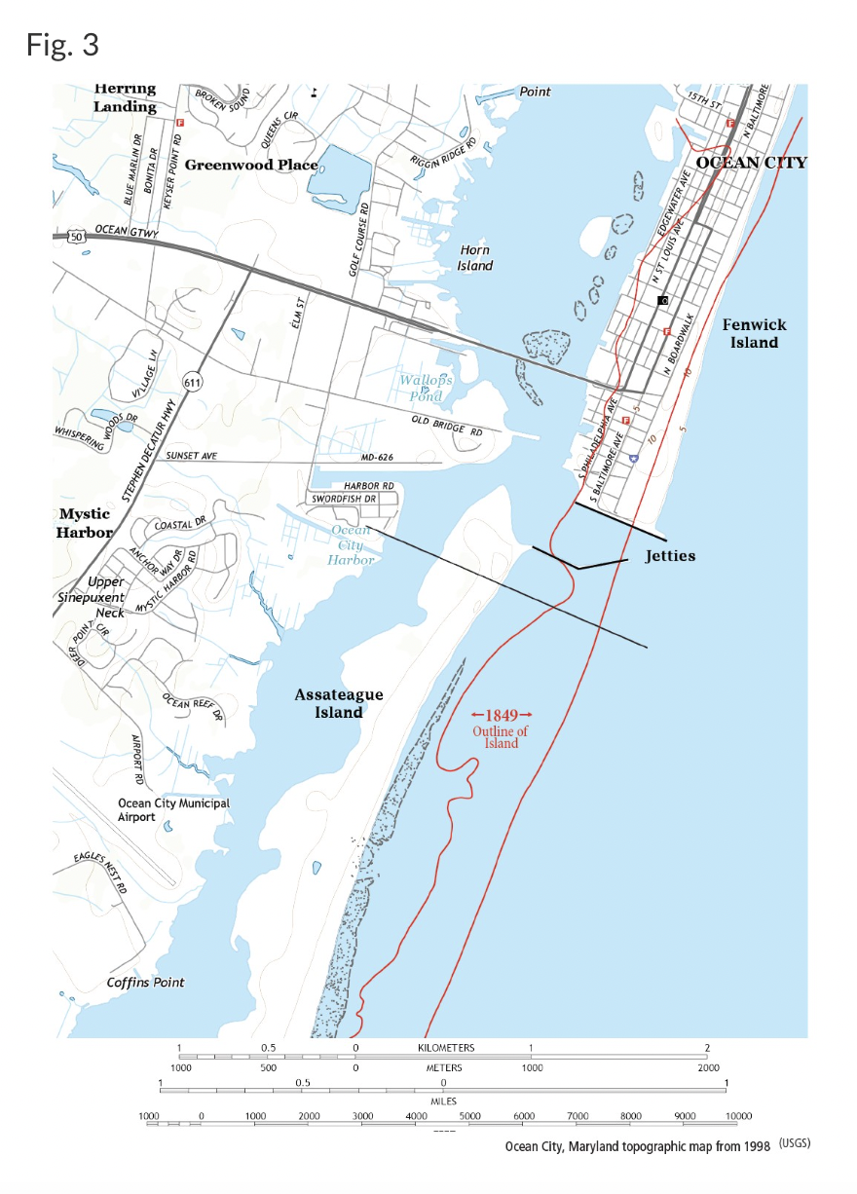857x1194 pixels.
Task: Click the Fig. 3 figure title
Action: tap(63, 45)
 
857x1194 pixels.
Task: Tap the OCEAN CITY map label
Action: tap(752, 163)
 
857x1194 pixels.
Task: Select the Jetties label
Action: tap(670, 556)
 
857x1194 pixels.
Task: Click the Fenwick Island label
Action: tap(755, 333)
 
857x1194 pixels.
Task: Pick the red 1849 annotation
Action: tap(502, 715)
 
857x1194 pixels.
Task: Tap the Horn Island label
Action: tap(475, 258)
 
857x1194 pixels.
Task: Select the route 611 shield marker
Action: tap(193, 383)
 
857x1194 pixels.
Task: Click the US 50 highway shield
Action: tap(76, 235)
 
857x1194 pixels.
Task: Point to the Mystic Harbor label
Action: tap(85, 523)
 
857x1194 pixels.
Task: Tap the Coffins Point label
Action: tap(145, 982)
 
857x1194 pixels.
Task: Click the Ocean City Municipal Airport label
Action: tap(173, 810)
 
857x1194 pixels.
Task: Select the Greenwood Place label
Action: tap(250, 165)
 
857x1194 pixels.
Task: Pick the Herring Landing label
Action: tap(125, 97)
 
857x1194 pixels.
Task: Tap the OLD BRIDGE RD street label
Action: tap(447, 425)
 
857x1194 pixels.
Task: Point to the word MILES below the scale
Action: tap(444, 1101)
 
